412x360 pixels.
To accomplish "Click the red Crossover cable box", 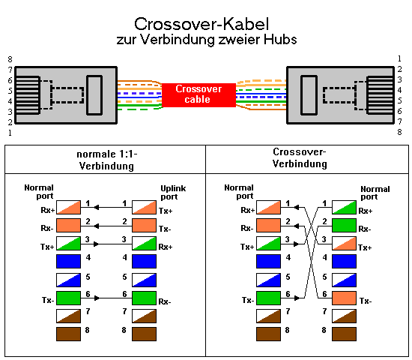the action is (x=199, y=95).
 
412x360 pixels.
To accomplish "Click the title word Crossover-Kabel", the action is (x=202, y=24).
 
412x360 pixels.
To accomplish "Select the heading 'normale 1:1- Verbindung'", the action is (x=106, y=160).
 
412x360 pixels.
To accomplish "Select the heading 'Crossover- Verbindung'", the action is (x=300, y=157).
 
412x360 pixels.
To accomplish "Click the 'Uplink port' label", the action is (x=173, y=192).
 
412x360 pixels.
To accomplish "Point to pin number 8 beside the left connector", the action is (x=10, y=59).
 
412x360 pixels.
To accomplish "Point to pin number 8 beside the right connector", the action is (x=399, y=132).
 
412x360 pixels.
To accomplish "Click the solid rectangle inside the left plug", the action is (x=94, y=95).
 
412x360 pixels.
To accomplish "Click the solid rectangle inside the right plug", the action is (x=309, y=95).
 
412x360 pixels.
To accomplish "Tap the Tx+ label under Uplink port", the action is (x=166, y=211).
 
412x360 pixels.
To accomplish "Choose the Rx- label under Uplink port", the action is (x=165, y=301).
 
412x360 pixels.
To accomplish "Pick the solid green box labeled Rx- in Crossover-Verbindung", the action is (x=344, y=226).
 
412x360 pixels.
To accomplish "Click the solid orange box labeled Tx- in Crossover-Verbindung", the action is (x=344, y=298).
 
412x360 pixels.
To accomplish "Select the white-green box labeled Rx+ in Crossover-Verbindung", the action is (x=344, y=207).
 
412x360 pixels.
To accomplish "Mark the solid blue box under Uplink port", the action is (x=144, y=261).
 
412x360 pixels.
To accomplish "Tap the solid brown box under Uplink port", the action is (x=144, y=334).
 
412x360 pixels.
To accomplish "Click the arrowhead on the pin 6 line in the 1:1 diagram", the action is (x=97, y=298).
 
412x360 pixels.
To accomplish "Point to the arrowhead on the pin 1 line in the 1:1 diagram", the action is (x=96, y=207).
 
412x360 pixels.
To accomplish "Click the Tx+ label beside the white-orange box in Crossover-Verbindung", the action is (x=365, y=247).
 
